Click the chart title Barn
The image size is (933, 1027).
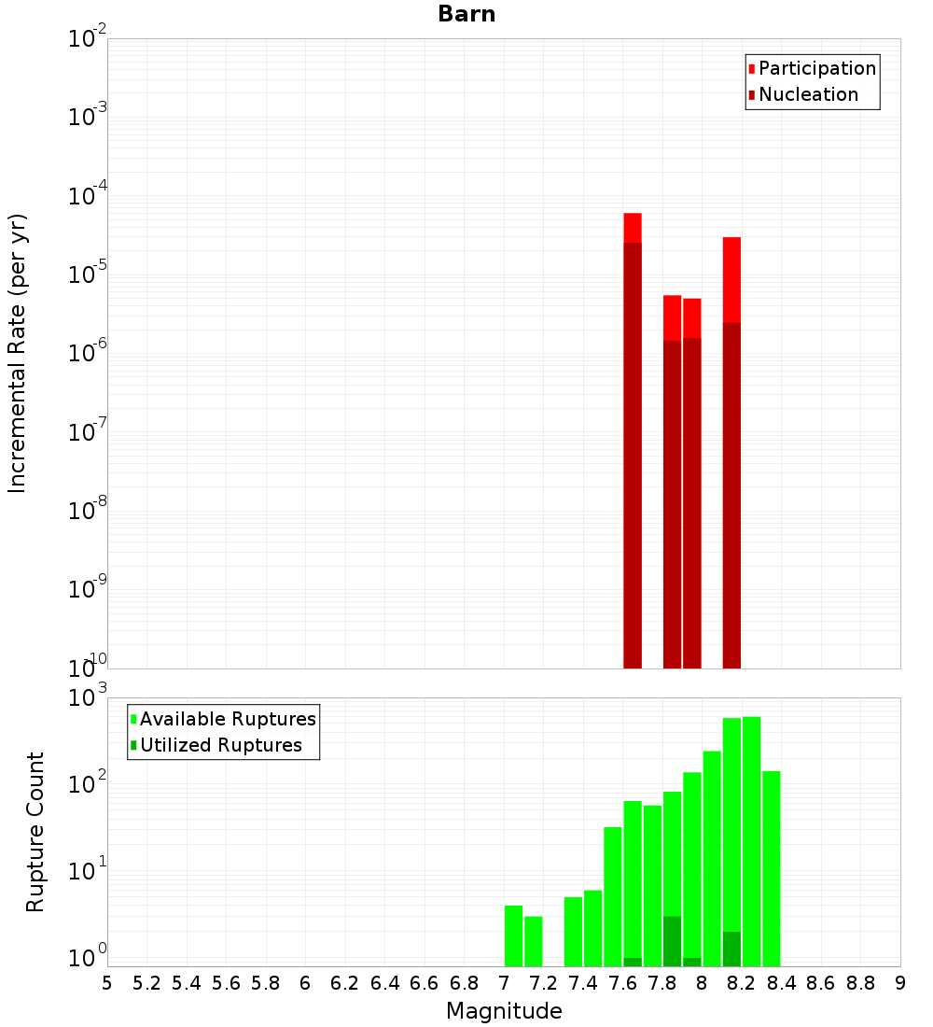[x=466, y=14]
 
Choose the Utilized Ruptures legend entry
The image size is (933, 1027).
[x=220, y=745]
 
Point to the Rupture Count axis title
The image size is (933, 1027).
[x=35, y=832]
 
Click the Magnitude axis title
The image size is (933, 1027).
[x=504, y=1011]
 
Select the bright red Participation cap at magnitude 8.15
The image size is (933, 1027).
[x=731, y=279]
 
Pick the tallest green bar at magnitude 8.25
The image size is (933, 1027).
[x=751, y=840]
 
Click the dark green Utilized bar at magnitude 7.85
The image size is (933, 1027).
[x=672, y=941]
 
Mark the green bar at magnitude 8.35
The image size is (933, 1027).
[x=771, y=868]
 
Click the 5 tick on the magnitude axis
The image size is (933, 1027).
[x=107, y=983]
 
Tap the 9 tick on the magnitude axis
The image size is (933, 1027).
[x=900, y=983]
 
